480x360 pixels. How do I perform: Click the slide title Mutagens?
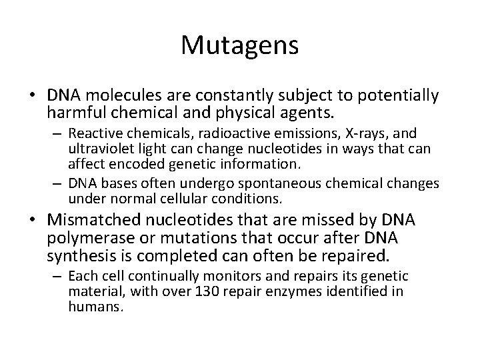coord(240,46)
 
